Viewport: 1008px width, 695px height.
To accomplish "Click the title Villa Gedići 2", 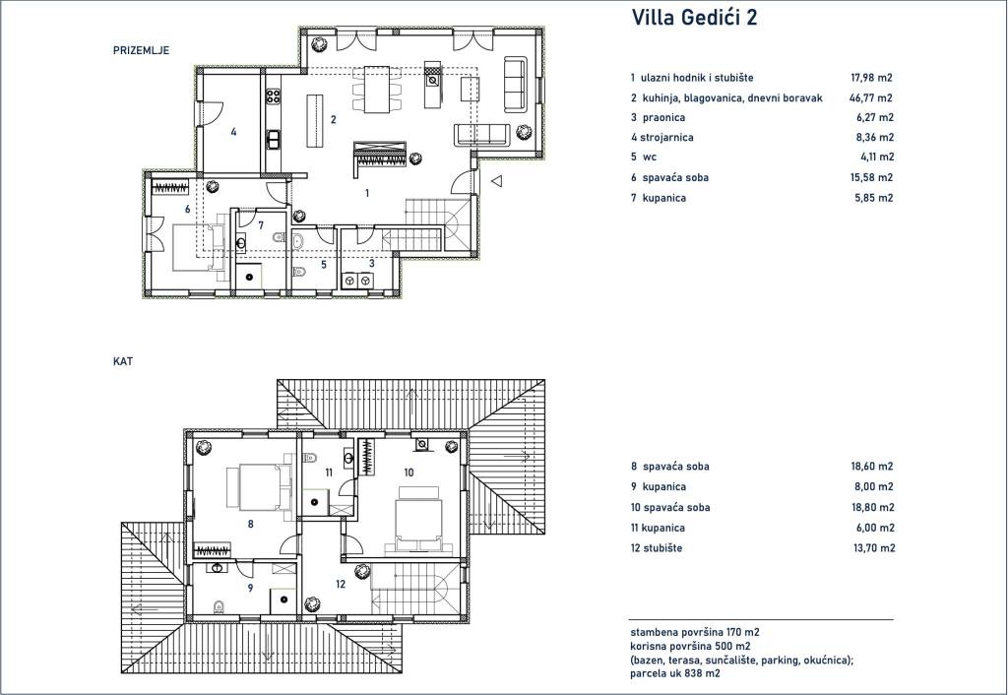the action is tap(694, 18).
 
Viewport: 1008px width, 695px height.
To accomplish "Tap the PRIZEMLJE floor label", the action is tap(141, 50).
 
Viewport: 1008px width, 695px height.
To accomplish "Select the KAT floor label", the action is tap(123, 361).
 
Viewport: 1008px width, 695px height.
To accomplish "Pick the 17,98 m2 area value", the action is tap(872, 78).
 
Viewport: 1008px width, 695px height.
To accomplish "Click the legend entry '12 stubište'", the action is tap(657, 548).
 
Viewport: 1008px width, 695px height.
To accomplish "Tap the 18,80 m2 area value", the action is tap(872, 507).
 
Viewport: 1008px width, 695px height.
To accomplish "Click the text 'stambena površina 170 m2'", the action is tap(695, 633).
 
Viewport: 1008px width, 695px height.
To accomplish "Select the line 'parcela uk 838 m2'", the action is tap(675, 673).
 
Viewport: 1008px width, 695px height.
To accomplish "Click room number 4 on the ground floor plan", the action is tap(233, 132).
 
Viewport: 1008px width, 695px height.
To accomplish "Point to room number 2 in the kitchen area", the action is tap(333, 119).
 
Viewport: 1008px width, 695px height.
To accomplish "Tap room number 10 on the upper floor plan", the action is tap(409, 473).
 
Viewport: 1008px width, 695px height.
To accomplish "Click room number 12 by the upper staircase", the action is tap(341, 584).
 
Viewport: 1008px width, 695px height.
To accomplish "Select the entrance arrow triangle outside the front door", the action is tap(496, 181).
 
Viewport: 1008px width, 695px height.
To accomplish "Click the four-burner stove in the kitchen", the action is tap(274, 96).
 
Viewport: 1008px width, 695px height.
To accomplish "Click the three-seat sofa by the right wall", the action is tap(515, 83).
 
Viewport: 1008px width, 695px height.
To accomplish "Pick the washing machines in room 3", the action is tap(357, 281).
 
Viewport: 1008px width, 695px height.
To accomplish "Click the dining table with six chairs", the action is tap(376, 89).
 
